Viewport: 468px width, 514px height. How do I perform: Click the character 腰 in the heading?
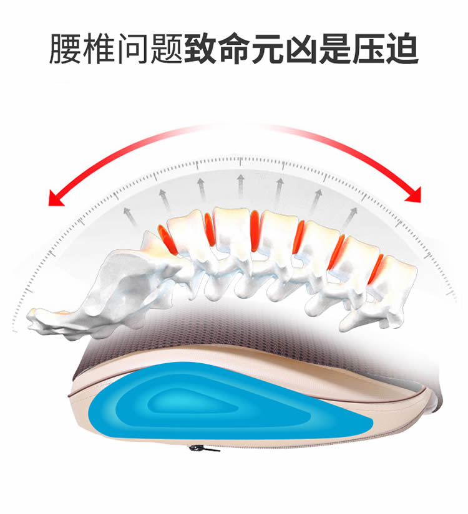pyautogui.click(x=66, y=49)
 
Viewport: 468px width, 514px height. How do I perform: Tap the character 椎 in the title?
pyautogui.click(x=99, y=49)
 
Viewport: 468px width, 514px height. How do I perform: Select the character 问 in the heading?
pyautogui.click(x=133, y=49)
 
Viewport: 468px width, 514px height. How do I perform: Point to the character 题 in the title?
pyautogui.click(x=166, y=49)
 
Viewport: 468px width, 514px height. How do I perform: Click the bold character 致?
pyautogui.click(x=200, y=49)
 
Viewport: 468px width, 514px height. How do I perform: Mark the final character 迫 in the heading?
pyautogui.click(x=402, y=49)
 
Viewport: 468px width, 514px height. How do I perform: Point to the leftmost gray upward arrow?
pyautogui.click(x=130, y=217)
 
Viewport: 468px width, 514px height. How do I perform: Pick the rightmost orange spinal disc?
pyautogui.click(x=376, y=269)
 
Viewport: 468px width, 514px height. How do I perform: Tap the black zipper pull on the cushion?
pyautogui.click(x=203, y=448)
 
